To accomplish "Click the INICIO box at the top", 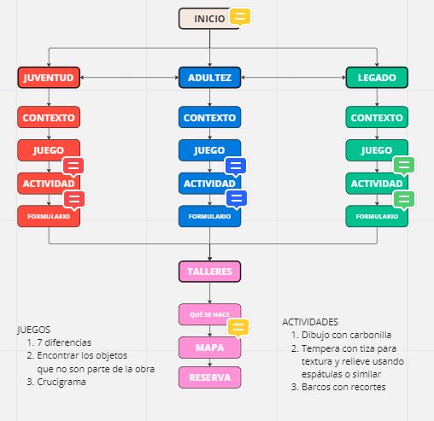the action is pos(209,19).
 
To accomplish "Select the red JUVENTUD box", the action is pos(49,78).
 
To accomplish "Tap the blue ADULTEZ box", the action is pos(209,78).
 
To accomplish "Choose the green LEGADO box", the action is pos(377,78).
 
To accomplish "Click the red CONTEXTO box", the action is pos(49,117).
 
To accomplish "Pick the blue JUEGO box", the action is pos(209,150).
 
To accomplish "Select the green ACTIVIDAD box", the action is pos(377,184).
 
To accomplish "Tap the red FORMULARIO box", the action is pos(49,216).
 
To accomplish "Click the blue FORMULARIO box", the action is pos(209,216).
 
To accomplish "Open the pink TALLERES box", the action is pos(209,272).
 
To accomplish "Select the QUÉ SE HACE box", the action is pos(209,314).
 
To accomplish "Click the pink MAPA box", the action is pos(209,348).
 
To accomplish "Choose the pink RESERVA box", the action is pos(209,377).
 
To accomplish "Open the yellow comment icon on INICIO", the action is pos(240,16).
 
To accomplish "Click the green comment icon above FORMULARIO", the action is pos(403,200).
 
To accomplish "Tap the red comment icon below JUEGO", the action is pos(73,167).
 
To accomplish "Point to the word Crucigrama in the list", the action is pos(62,382).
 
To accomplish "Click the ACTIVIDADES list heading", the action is pos(310,322).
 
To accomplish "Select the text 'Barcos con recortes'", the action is pos(343,387).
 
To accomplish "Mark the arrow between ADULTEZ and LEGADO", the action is pos(293,78).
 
